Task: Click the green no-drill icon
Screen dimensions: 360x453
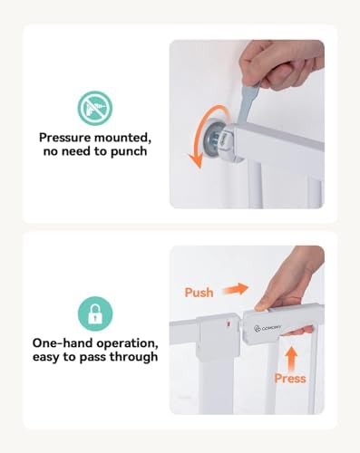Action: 95,108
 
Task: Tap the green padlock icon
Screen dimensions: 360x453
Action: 95,313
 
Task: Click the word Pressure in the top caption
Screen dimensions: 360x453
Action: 64,138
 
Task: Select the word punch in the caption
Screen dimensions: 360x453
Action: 129,152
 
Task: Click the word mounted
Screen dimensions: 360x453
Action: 122,138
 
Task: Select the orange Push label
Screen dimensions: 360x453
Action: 199,293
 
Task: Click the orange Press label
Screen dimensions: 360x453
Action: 290,379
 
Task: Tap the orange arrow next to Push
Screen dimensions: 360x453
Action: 236,289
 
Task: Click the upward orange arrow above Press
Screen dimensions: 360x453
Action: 292,359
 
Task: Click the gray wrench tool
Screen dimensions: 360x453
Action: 248,103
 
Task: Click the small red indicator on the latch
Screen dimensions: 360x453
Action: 229,324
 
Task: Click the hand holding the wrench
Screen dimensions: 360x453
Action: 281,63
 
